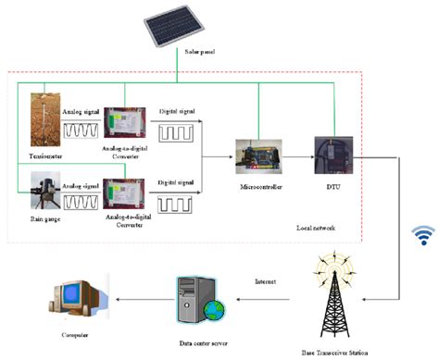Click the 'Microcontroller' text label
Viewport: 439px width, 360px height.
click(x=257, y=189)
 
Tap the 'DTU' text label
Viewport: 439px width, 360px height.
click(x=330, y=189)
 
